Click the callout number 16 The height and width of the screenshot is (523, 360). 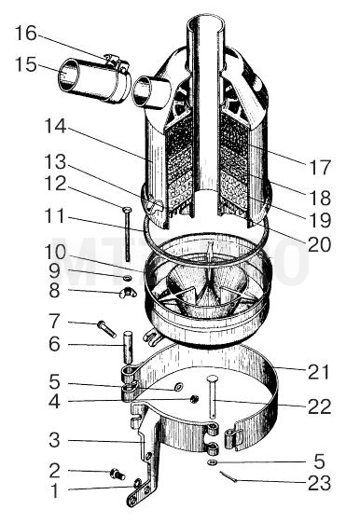point(26,34)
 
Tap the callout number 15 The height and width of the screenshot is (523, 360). point(26,64)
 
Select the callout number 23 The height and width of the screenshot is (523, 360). point(319,483)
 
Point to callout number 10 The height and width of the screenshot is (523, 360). point(55,253)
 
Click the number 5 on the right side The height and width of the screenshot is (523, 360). point(319,461)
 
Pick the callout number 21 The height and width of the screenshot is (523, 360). point(319,372)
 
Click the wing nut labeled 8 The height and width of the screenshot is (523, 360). point(128,293)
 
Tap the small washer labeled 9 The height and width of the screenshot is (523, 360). point(127,278)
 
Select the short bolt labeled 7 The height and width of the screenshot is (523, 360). point(106,329)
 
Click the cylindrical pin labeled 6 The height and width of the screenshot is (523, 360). point(128,347)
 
